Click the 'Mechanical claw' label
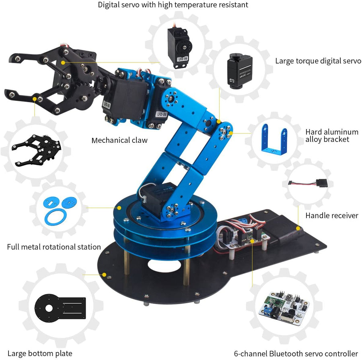click(x=119, y=140)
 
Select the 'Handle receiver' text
click(x=331, y=216)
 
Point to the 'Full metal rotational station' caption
click(x=54, y=247)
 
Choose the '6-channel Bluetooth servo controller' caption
click(x=296, y=354)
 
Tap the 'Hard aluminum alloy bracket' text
click(x=331, y=136)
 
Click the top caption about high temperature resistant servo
click(x=173, y=5)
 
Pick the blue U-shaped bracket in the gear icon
click(x=274, y=138)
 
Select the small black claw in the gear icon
click(x=37, y=149)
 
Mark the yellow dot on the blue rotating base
click(x=119, y=208)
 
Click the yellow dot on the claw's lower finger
click(x=35, y=98)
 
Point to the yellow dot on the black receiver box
click(x=298, y=228)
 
